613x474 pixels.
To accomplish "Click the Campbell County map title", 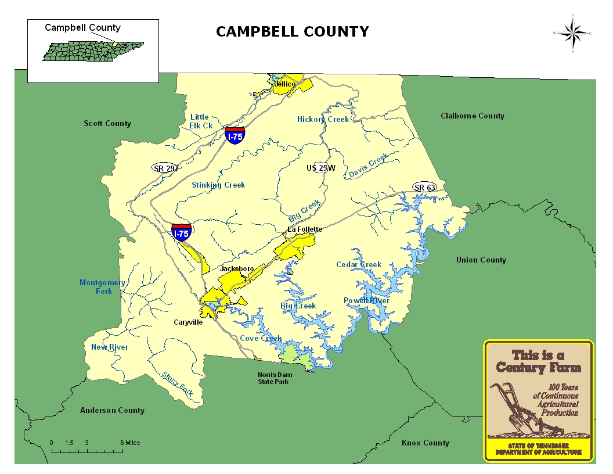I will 292,31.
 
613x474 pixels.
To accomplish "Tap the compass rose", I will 572,33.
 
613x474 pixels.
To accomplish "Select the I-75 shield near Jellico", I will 235,136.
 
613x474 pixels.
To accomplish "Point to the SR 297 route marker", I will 165,168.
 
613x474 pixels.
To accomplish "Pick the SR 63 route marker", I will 424,187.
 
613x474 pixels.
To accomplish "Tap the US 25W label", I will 321,168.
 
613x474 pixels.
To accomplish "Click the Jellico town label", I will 284,84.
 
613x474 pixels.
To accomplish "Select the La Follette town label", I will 305,229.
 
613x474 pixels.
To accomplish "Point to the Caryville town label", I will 188,322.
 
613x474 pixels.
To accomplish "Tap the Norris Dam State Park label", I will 275,378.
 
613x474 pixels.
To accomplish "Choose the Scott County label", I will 107,123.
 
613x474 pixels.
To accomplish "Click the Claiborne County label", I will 472,116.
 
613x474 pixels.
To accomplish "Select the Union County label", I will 481,260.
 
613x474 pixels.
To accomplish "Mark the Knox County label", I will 425,443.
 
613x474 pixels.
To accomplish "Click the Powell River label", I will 366,300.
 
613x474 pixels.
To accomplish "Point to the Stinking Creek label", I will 218,185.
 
